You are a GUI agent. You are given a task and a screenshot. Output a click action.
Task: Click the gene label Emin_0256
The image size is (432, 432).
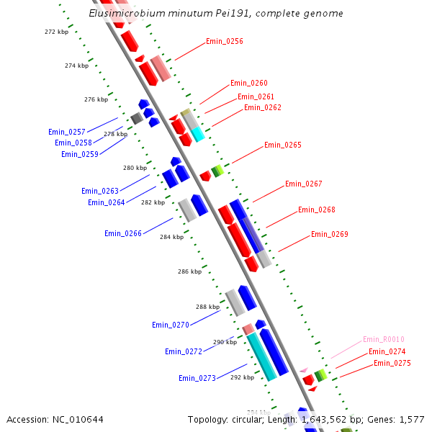point(225,41)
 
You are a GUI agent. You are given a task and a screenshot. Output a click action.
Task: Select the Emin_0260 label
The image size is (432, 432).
point(249,83)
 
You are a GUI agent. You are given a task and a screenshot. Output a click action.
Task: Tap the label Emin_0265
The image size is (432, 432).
point(283,145)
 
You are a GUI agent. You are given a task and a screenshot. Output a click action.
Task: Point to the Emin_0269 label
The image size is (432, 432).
point(330,234)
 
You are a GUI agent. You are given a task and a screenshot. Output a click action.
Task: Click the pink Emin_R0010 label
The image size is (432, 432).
point(384,339)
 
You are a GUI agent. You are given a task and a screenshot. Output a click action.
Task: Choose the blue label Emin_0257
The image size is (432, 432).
point(67,132)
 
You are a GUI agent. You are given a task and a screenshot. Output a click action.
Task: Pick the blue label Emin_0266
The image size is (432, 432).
point(123,233)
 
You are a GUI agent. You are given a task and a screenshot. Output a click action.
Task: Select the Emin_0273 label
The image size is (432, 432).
point(197,378)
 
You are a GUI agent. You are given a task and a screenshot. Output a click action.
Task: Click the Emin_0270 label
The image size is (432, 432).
point(171,325)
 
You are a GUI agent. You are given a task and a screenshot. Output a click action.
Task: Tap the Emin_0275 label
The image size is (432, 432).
point(392,363)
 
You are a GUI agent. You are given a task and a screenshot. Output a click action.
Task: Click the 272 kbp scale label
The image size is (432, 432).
point(55,32)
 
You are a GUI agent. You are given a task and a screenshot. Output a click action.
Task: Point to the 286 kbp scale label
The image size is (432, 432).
point(189,271)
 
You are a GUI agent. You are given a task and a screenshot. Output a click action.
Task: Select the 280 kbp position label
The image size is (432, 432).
point(135,168)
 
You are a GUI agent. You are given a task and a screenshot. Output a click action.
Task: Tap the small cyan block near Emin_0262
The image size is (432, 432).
point(197,134)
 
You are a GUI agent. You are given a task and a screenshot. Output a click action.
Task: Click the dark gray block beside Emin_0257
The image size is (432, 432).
point(136,117)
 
